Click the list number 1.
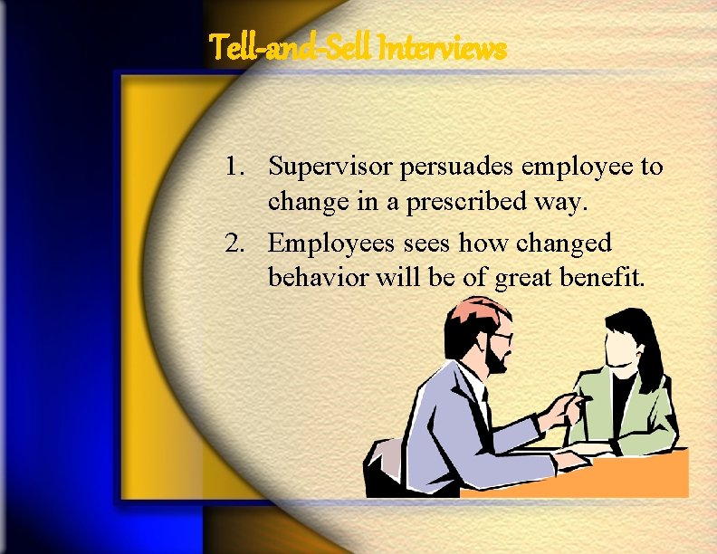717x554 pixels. (234, 167)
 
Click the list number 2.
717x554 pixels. (234, 243)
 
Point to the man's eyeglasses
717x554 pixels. (501, 339)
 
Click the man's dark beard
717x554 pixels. (495, 361)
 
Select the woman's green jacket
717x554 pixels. (648, 412)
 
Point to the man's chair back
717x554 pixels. (384, 463)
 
